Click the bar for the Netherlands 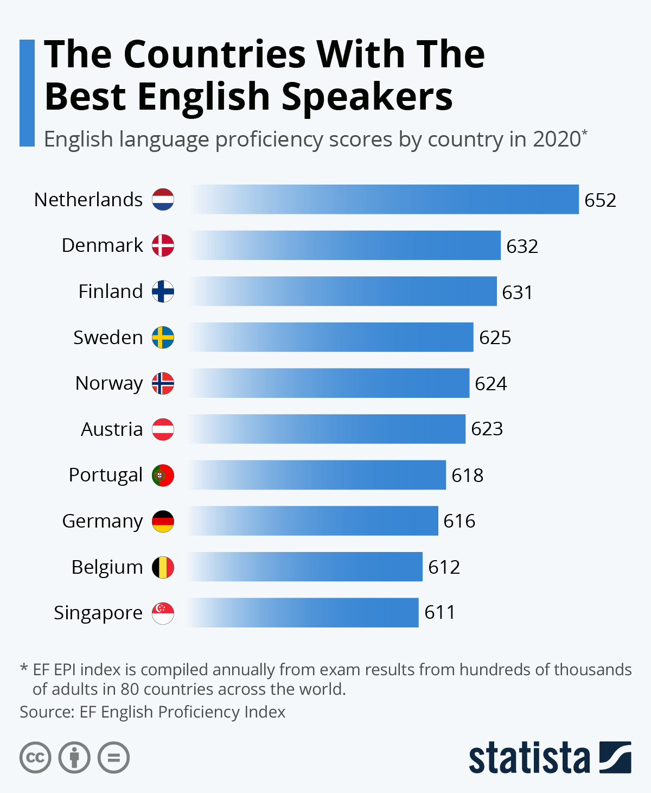click(384, 199)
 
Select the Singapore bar click(304, 613)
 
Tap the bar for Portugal click(317, 475)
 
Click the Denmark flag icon click(163, 245)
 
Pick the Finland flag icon click(163, 291)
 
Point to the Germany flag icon click(163, 521)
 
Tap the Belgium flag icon click(163, 567)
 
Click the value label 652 click(600, 200)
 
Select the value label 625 click(495, 338)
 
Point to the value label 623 click(487, 429)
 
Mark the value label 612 click(444, 567)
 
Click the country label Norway click(109, 383)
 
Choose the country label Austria click(112, 429)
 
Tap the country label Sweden click(108, 338)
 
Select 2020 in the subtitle click(557, 139)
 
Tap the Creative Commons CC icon click(35, 757)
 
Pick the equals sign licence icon click(114, 757)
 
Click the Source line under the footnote click(152, 712)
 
